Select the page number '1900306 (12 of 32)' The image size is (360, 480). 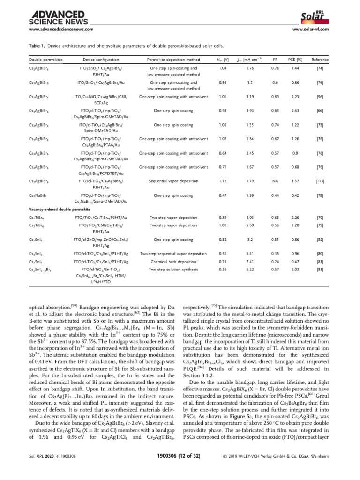pyautogui.click(x=180, y=470)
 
